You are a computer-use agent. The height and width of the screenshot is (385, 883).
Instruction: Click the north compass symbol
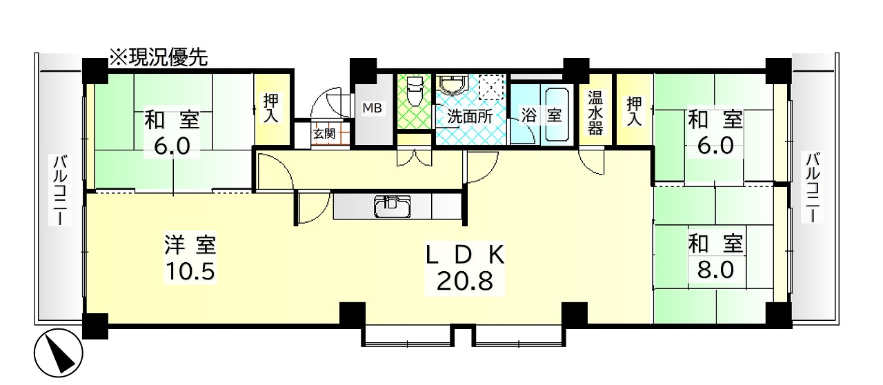tap(59, 353)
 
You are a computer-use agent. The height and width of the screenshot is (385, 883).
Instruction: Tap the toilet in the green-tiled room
tap(414, 91)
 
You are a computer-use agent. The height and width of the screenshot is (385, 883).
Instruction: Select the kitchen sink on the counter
tap(392, 207)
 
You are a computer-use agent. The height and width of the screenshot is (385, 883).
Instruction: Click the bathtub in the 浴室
tap(557, 115)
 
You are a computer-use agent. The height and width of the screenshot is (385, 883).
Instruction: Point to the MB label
tap(372, 108)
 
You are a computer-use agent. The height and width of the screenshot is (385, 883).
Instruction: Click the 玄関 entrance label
tap(324, 134)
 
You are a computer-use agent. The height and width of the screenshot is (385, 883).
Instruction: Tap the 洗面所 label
tap(470, 116)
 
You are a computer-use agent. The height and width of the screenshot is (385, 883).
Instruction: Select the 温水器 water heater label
tap(595, 113)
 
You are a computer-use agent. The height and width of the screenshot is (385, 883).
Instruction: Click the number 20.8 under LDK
tap(465, 282)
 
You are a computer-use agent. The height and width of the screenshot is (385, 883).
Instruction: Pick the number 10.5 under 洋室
tap(190, 271)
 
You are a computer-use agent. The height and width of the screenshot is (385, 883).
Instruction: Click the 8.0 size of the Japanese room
tap(715, 270)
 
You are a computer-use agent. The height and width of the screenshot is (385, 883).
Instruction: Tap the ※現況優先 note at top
tap(159, 57)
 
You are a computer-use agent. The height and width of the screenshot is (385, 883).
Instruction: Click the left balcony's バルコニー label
tap(60, 190)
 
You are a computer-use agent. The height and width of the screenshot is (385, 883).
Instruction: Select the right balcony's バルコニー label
tap(813, 187)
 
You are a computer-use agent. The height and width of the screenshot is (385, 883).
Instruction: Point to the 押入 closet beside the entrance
tap(271, 108)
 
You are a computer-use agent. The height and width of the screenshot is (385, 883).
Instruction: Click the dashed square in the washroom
tap(491, 87)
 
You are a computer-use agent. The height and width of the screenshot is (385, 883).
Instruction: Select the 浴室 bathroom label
tap(542, 115)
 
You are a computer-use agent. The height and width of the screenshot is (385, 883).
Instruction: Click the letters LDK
tap(465, 255)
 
